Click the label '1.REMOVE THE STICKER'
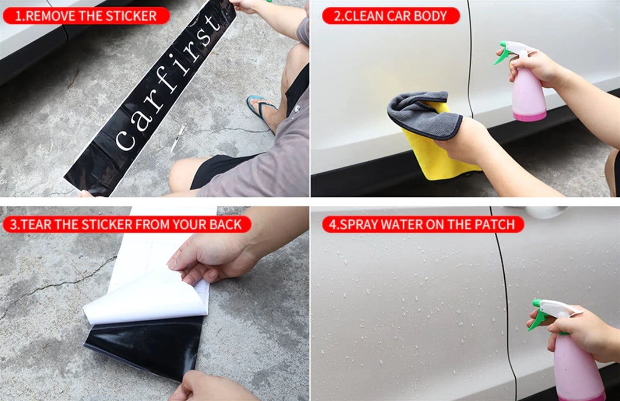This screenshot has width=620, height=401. tap(86, 16)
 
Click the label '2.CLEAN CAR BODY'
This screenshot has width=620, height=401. tap(391, 16)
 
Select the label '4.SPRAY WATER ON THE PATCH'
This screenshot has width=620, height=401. tap(423, 224)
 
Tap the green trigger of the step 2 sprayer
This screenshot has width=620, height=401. tap(501, 56)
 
